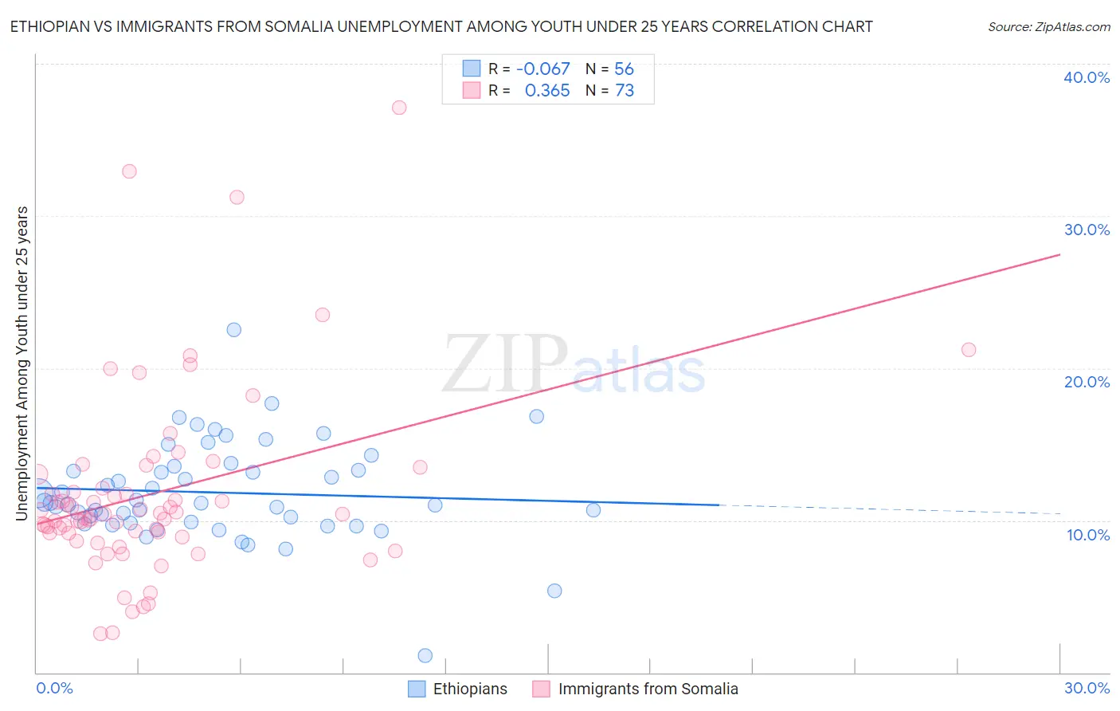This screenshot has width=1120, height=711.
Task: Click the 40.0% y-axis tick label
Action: (x=1087, y=77)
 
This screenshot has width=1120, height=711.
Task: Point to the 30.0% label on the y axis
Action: (x=1087, y=230)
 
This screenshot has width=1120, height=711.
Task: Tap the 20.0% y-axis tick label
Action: (x=1087, y=382)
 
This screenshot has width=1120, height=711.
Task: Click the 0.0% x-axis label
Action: (x=54, y=688)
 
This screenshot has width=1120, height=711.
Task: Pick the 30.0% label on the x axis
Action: (x=1087, y=688)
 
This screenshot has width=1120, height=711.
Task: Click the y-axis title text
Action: (x=22, y=363)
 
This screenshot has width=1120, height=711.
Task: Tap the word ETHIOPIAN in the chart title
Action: (x=50, y=26)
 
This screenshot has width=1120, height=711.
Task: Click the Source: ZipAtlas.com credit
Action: (x=1048, y=26)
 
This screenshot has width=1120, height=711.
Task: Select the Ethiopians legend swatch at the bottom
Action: (x=417, y=689)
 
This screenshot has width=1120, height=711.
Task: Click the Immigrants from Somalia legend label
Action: (x=648, y=689)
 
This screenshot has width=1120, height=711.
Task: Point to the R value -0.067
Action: (x=542, y=69)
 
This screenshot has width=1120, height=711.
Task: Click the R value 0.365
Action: (x=547, y=91)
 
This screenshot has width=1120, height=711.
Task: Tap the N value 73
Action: (x=625, y=91)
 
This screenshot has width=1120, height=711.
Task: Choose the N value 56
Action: (x=624, y=69)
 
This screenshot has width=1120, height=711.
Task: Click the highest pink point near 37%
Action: (x=399, y=108)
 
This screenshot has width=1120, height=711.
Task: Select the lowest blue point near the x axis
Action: (x=425, y=655)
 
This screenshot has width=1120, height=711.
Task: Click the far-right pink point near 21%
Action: (x=969, y=349)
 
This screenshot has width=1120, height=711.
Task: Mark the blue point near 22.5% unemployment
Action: (x=233, y=329)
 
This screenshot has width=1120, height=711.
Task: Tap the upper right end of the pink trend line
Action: (x=1059, y=254)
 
